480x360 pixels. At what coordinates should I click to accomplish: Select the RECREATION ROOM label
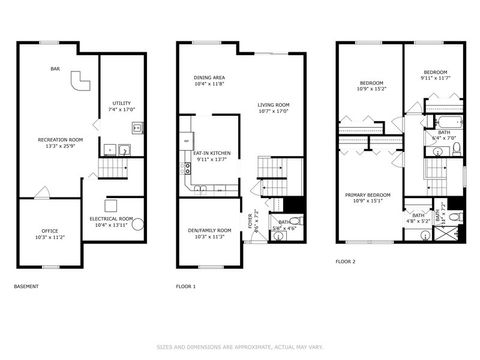point(56,143)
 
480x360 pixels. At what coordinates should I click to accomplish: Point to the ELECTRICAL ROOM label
point(111,221)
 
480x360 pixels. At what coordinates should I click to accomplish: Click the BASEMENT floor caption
point(27,287)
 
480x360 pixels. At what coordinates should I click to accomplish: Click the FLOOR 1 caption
point(186,287)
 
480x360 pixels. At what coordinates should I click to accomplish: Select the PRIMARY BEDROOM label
point(367,196)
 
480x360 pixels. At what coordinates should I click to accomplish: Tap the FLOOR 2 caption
point(346,262)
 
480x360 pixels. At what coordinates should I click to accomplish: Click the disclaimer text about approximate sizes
point(240,348)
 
